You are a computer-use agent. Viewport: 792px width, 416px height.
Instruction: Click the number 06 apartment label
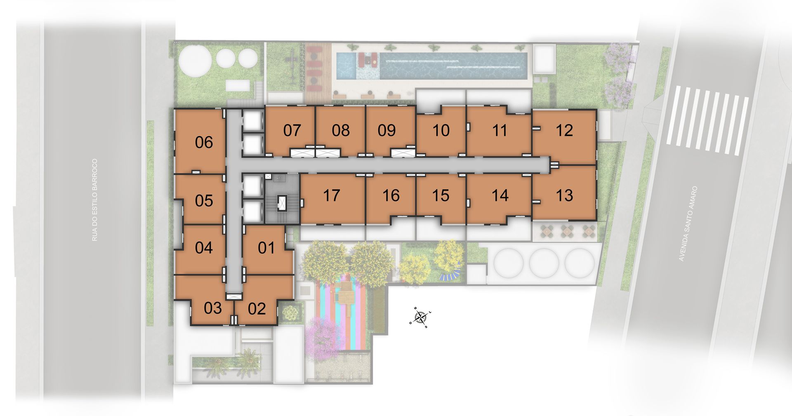pos(204,143)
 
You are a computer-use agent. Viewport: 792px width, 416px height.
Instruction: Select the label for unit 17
pos(331,195)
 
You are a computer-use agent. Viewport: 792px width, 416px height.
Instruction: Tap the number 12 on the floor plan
pos(564,131)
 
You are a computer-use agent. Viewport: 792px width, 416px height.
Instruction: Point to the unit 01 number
pos(266,248)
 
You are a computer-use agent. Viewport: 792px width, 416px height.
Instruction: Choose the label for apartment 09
pos(387,130)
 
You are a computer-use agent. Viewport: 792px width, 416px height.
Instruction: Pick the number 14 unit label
pos(500,195)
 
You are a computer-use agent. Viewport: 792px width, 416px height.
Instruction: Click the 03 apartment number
pos(213,308)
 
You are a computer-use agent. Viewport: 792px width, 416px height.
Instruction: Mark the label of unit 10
pos(441,131)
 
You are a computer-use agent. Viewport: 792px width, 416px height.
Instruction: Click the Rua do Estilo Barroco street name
pos(95,200)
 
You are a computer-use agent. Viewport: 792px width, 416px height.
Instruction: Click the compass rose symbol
pos(421,317)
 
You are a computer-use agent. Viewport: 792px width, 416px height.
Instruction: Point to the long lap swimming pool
pos(453,66)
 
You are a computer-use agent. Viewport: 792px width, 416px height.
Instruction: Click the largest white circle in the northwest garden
pos(194,60)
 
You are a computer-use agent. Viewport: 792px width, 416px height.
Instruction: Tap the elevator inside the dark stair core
pos(282,203)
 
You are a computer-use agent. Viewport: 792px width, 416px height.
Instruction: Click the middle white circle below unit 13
pos(544,263)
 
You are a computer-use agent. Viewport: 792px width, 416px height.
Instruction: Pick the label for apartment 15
pos(441,195)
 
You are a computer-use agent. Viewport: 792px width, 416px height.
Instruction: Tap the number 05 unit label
pos(204,201)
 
